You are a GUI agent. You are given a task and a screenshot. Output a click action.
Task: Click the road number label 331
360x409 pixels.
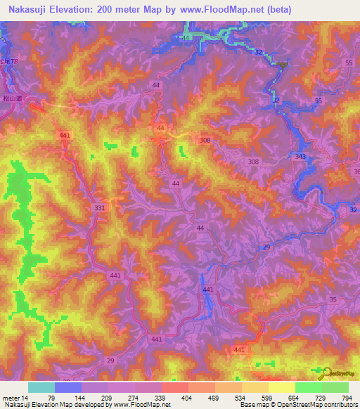(x=99, y=208)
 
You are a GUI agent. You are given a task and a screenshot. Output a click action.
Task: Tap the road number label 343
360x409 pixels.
(x=301, y=156)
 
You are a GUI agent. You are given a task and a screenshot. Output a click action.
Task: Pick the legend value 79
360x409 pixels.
(x=51, y=398)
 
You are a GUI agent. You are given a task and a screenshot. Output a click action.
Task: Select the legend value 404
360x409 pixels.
(x=188, y=398)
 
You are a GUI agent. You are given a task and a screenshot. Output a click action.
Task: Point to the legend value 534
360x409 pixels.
(x=243, y=398)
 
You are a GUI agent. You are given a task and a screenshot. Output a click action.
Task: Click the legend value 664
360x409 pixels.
(x=296, y=398)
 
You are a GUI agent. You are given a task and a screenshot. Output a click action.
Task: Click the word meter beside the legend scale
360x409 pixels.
(x=10, y=398)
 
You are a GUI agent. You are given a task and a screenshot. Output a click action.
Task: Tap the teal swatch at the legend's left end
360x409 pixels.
(x=41, y=387)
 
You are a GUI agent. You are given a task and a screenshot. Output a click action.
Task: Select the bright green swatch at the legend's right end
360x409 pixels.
(x=335, y=387)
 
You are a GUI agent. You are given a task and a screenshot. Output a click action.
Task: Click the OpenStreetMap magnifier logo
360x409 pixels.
(x=325, y=372)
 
